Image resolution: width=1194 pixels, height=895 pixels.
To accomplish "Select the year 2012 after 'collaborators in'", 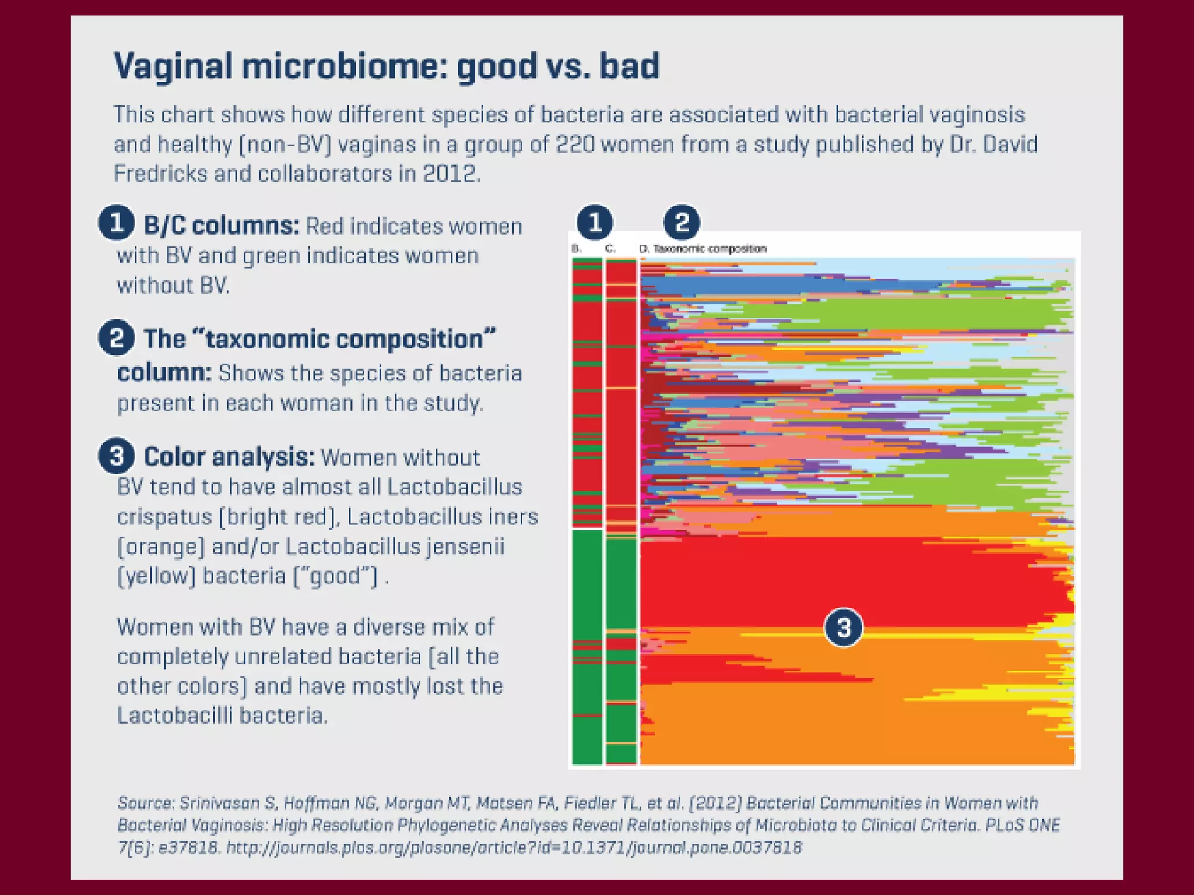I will pyautogui.click(x=451, y=174).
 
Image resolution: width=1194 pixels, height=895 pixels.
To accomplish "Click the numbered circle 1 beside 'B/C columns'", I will pyautogui.click(x=117, y=222).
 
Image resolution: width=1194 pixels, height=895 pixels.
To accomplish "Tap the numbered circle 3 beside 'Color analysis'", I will pyautogui.click(x=117, y=456).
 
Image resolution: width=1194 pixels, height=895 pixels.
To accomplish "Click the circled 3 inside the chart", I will pyautogui.click(x=843, y=628).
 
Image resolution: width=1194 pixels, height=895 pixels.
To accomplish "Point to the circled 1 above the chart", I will pyautogui.click(x=595, y=222).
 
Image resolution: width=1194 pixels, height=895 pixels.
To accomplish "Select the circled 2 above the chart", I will pyautogui.click(x=682, y=222).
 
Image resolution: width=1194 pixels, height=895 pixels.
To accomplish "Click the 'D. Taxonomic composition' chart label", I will pyautogui.click(x=703, y=249).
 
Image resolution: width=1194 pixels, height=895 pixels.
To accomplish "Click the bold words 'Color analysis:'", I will pyautogui.click(x=229, y=457).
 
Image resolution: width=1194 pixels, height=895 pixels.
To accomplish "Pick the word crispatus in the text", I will pyautogui.click(x=164, y=517).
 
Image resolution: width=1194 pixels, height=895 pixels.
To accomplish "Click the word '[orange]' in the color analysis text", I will pyautogui.click(x=161, y=547).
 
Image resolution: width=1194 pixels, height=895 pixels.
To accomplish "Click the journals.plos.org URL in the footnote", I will pyautogui.click(x=514, y=847).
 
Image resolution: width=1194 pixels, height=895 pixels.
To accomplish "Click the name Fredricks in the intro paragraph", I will pyautogui.click(x=160, y=174).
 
